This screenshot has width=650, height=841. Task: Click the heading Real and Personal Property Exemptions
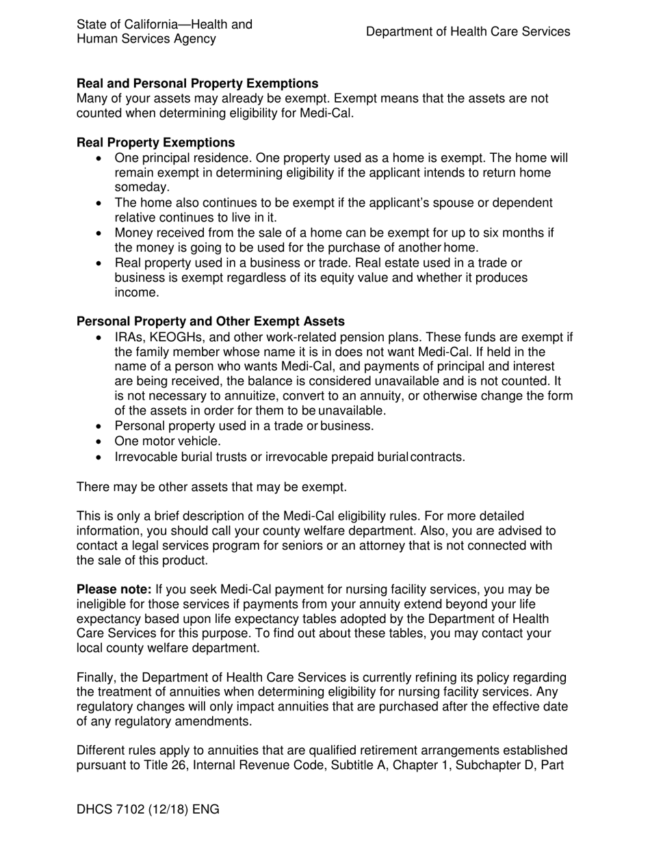coord(197,83)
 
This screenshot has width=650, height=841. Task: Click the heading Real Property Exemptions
coord(155,143)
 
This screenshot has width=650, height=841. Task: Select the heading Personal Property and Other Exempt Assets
coord(211,321)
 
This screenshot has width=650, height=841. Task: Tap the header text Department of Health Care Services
coord(467,31)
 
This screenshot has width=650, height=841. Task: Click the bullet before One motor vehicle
coord(101,442)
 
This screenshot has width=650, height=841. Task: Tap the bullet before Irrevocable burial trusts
coord(101,457)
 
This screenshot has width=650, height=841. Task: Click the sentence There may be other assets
coord(211,487)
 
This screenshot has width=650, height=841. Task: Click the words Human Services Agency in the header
coord(146,39)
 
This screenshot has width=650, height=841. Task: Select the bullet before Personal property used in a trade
coord(101,427)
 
